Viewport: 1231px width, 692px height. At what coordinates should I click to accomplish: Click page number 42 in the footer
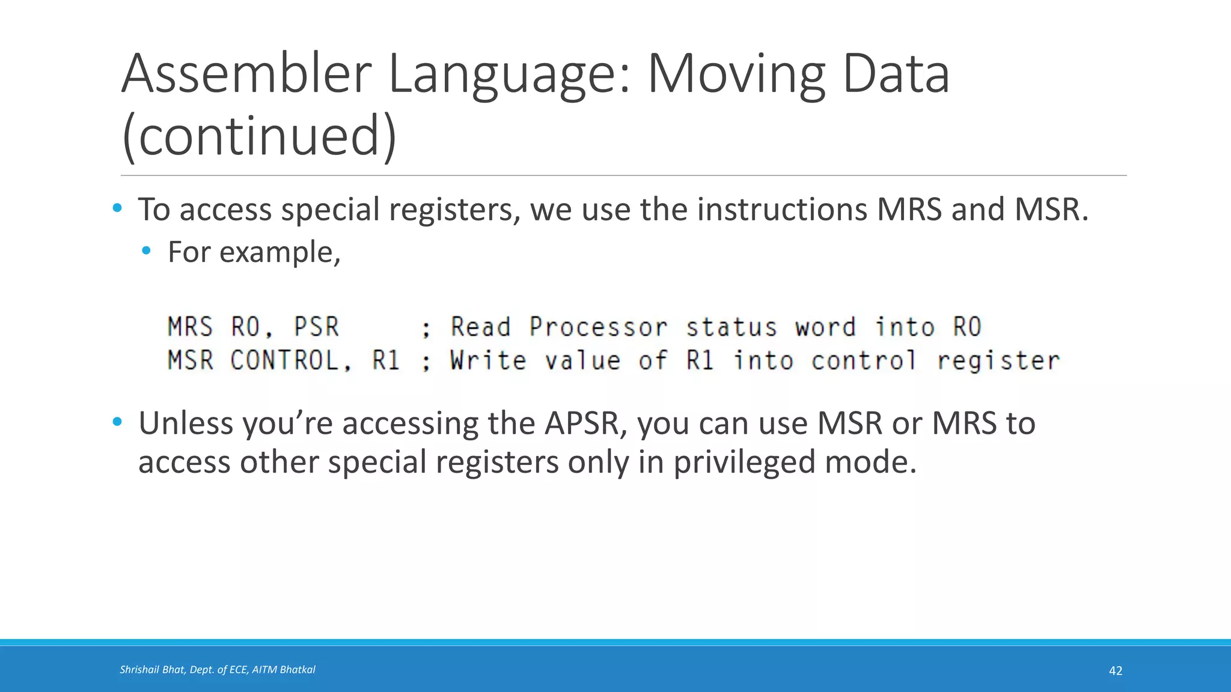(x=1115, y=671)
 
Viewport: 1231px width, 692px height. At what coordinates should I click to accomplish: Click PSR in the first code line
(x=316, y=327)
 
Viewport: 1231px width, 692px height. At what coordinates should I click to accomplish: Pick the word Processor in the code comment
(x=598, y=327)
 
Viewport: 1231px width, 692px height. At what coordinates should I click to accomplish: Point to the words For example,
(x=254, y=252)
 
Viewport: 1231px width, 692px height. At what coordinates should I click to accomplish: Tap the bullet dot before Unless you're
(x=117, y=422)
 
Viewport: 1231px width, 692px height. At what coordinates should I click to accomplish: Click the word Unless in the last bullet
(x=186, y=423)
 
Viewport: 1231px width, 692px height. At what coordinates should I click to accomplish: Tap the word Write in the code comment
(x=487, y=360)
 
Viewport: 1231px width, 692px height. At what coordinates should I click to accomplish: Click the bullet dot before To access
(x=117, y=208)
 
